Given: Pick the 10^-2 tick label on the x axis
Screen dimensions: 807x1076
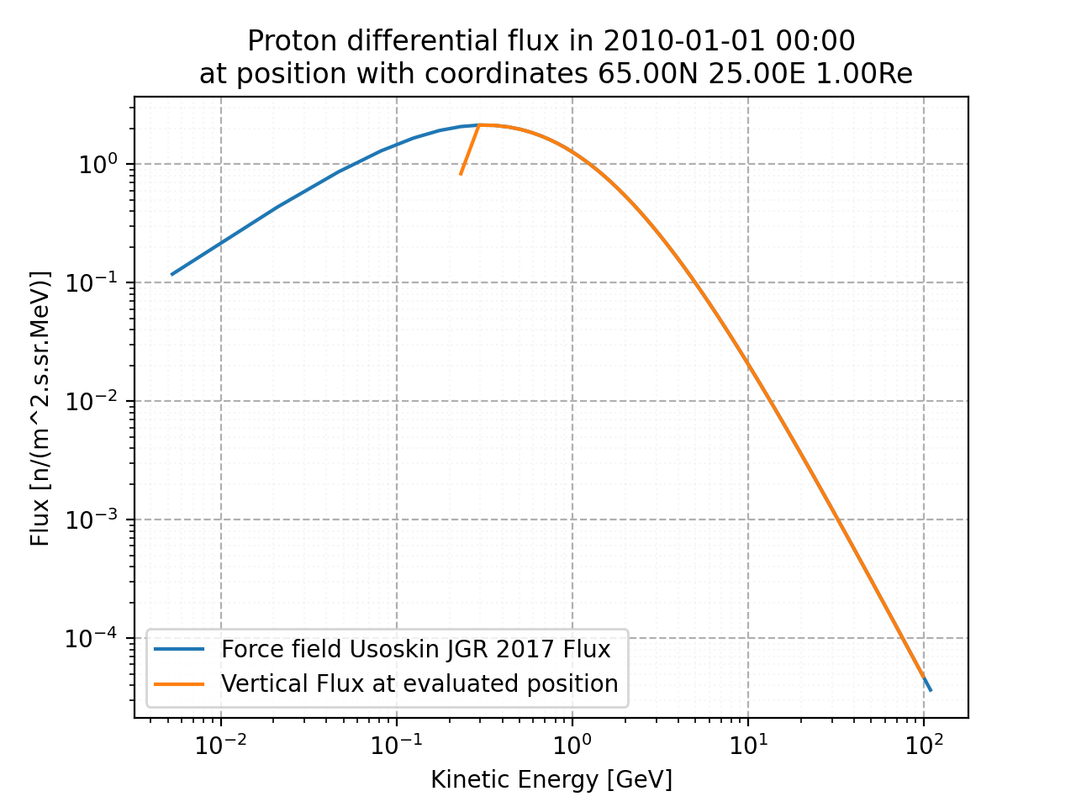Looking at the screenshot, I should (x=220, y=744).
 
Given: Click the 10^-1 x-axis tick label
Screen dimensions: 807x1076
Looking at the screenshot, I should (x=396, y=744).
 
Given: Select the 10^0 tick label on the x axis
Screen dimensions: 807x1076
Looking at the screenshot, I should (x=572, y=744).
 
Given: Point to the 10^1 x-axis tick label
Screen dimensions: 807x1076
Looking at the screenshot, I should (x=747, y=744).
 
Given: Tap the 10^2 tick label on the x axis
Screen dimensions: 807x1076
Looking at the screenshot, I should (x=923, y=744).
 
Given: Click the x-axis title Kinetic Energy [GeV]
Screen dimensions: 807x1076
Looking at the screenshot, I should (x=551, y=780).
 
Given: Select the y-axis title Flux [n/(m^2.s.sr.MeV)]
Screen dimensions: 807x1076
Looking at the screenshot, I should (x=40, y=408).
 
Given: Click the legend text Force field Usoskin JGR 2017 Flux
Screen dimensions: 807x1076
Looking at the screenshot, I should (x=416, y=649).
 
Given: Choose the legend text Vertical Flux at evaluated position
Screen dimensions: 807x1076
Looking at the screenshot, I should (x=419, y=683).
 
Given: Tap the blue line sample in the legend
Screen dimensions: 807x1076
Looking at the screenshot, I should (x=180, y=649).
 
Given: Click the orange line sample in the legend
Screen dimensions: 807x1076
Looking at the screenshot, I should (x=180, y=683).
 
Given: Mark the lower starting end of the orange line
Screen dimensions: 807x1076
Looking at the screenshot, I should (x=461, y=174).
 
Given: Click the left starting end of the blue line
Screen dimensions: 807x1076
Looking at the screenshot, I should (x=171, y=274).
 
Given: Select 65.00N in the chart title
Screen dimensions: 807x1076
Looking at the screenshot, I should (x=650, y=74).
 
